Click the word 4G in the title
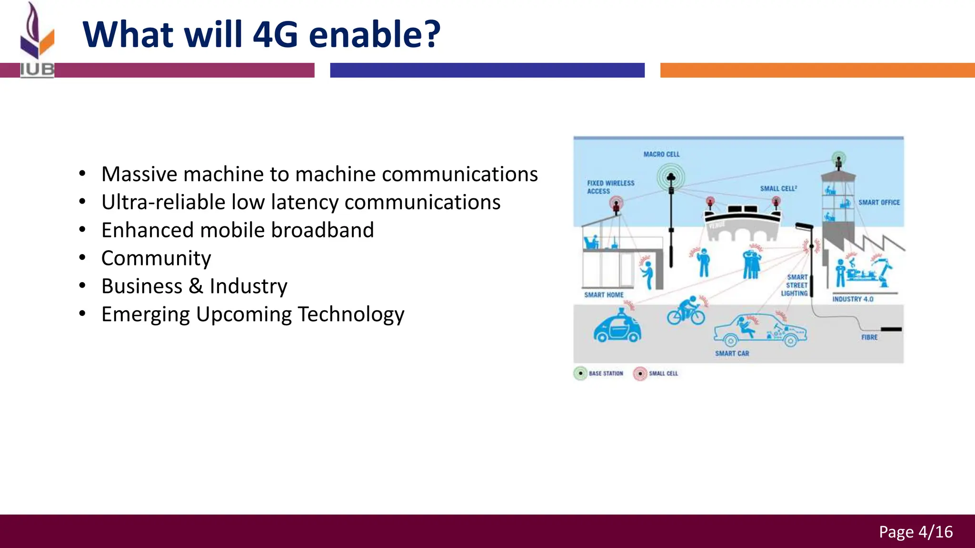click(x=275, y=35)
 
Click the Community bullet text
click(x=156, y=258)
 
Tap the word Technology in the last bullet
click(x=351, y=314)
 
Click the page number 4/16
click(x=935, y=532)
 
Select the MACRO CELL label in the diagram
click(x=661, y=155)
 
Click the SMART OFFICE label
click(x=879, y=203)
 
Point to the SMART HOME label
click(x=604, y=295)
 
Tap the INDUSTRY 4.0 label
click(x=853, y=299)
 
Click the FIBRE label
click(x=869, y=337)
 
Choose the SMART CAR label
click(x=732, y=353)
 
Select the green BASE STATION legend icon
click(x=580, y=373)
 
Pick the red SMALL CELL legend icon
click(x=640, y=373)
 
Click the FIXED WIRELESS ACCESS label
click(x=610, y=187)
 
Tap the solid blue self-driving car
click(x=617, y=327)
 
